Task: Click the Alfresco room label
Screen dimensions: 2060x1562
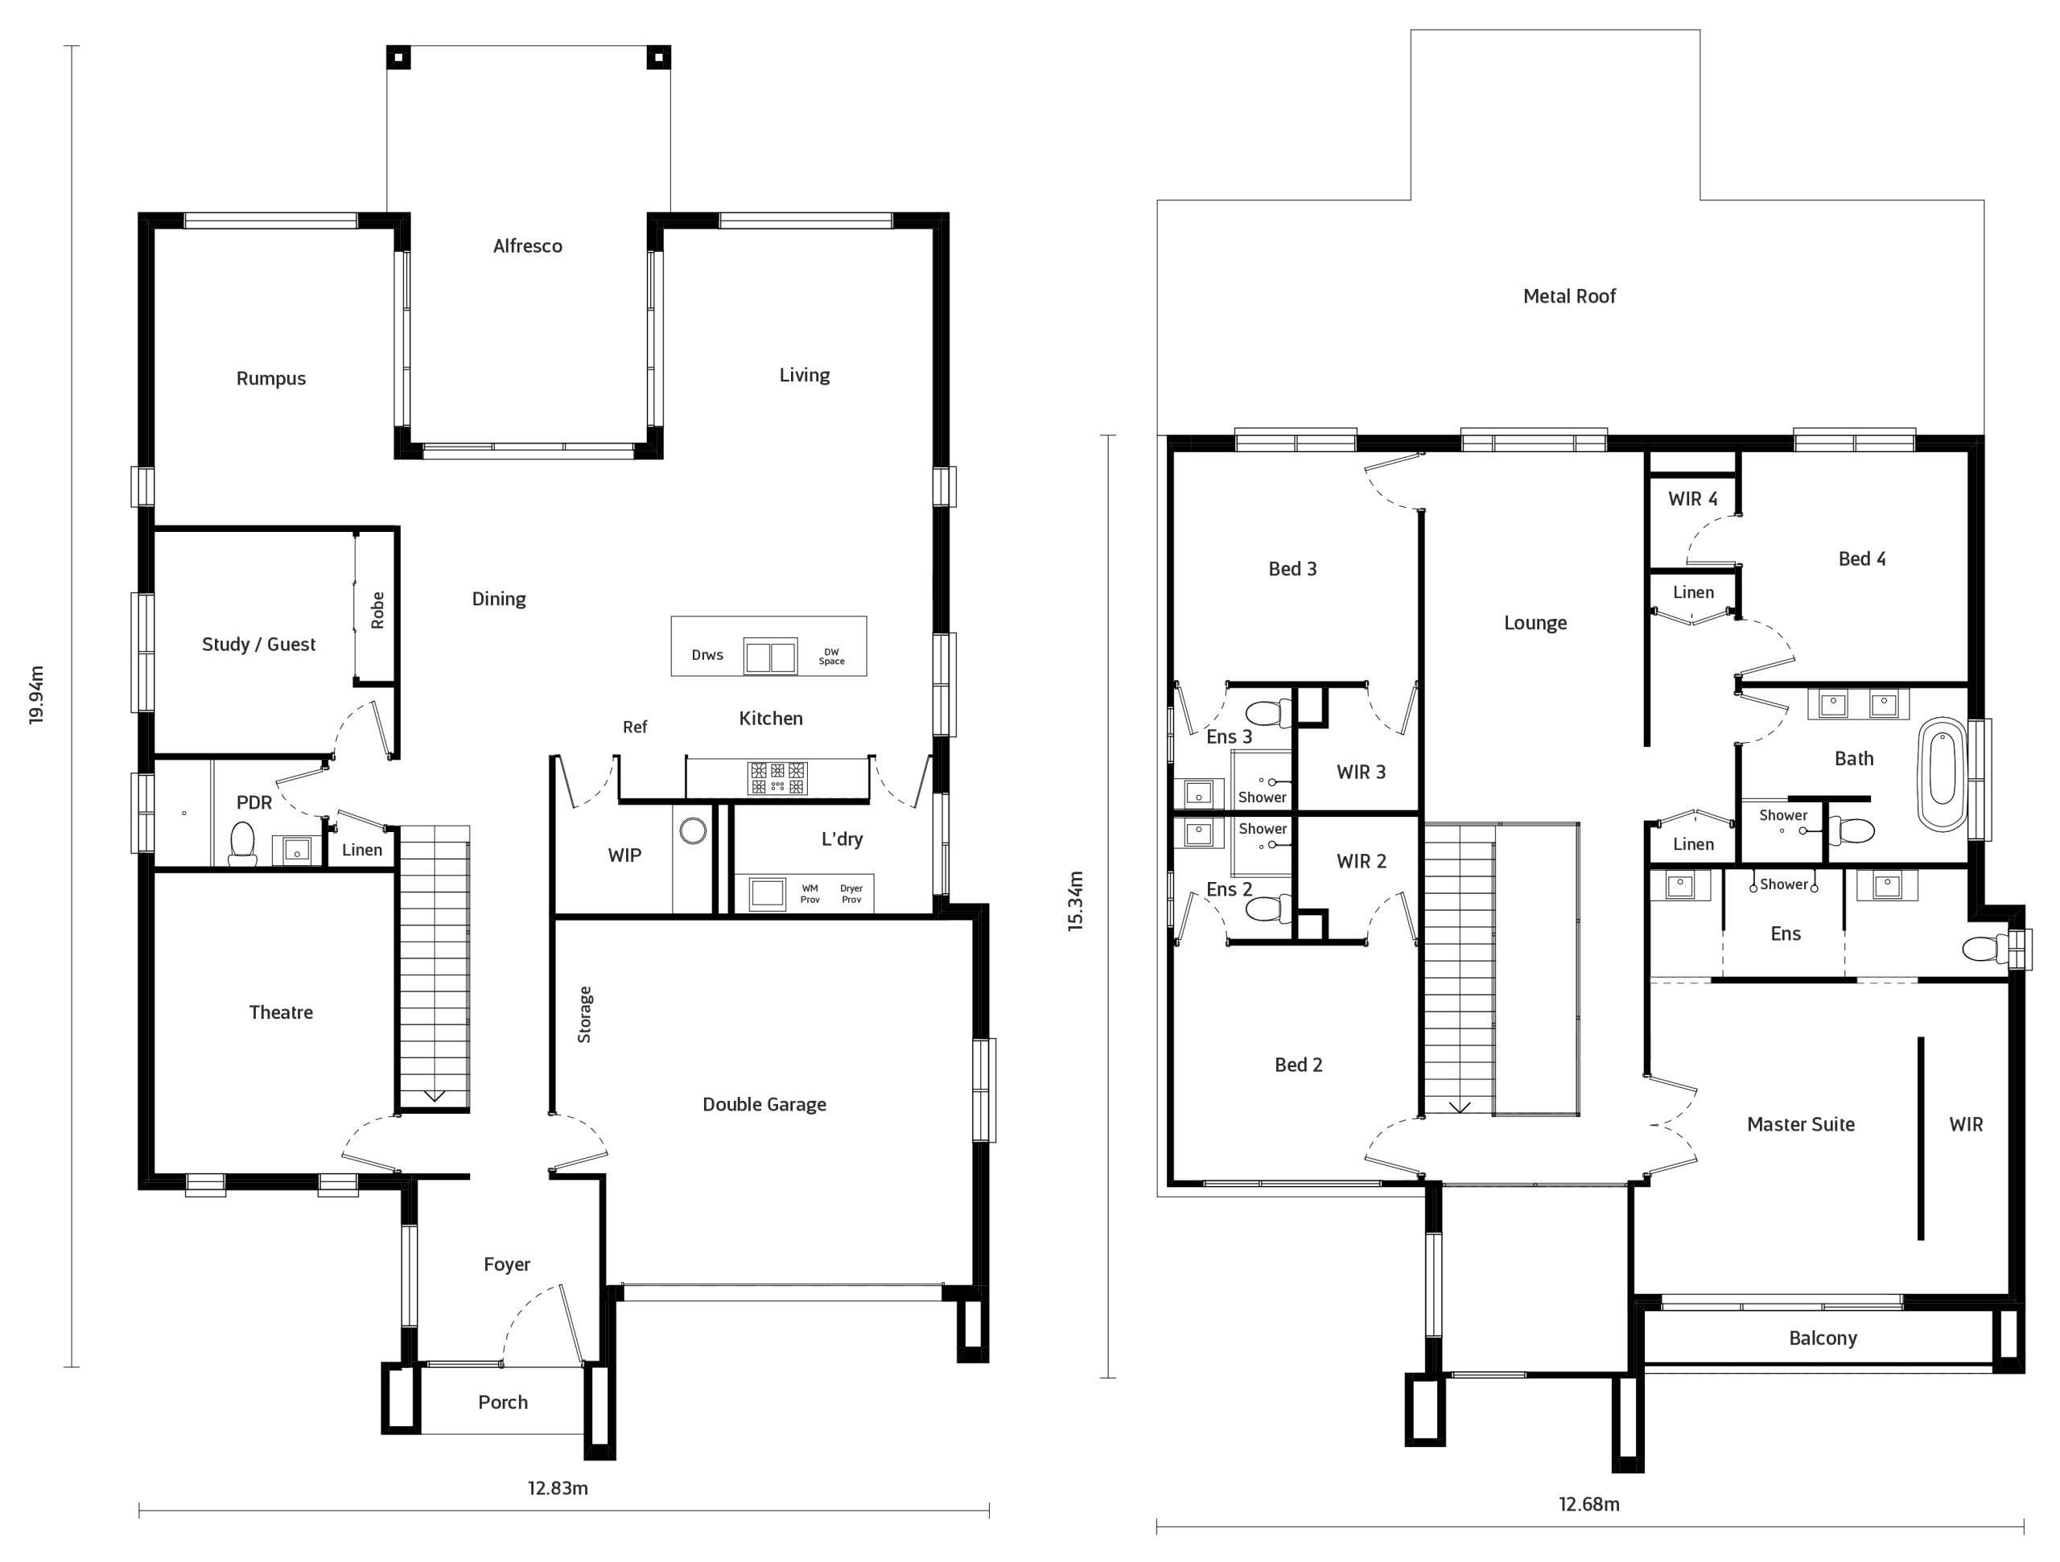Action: [x=527, y=246]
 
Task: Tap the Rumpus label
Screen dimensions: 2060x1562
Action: [x=271, y=378]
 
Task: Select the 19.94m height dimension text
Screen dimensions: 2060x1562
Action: [x=36, y=694]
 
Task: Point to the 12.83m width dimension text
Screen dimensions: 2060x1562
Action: [x=558, y=1487]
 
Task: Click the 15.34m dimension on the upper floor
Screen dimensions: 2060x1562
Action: [x=1076, y=901]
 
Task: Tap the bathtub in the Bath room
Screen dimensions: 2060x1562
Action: [x=1942, y=775]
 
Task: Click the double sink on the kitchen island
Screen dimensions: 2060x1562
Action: [x=770, y=657]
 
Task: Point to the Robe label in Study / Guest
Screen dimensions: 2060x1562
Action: [x=377, y=610]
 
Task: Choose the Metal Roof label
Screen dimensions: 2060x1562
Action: [x=1569, y=296]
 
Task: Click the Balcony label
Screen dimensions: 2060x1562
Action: [x=1823, y=1338]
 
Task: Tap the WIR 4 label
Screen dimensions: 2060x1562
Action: [x=1692, y=498]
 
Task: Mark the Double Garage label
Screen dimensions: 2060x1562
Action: [x=764, y=1105]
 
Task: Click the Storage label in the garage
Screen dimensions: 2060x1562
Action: [x=585, y=1014]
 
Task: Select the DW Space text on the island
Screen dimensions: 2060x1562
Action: [x=831, y=657]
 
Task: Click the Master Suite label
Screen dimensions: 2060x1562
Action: [x=1800, y=1124]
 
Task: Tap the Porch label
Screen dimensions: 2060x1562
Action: [x=503, y=1403]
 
